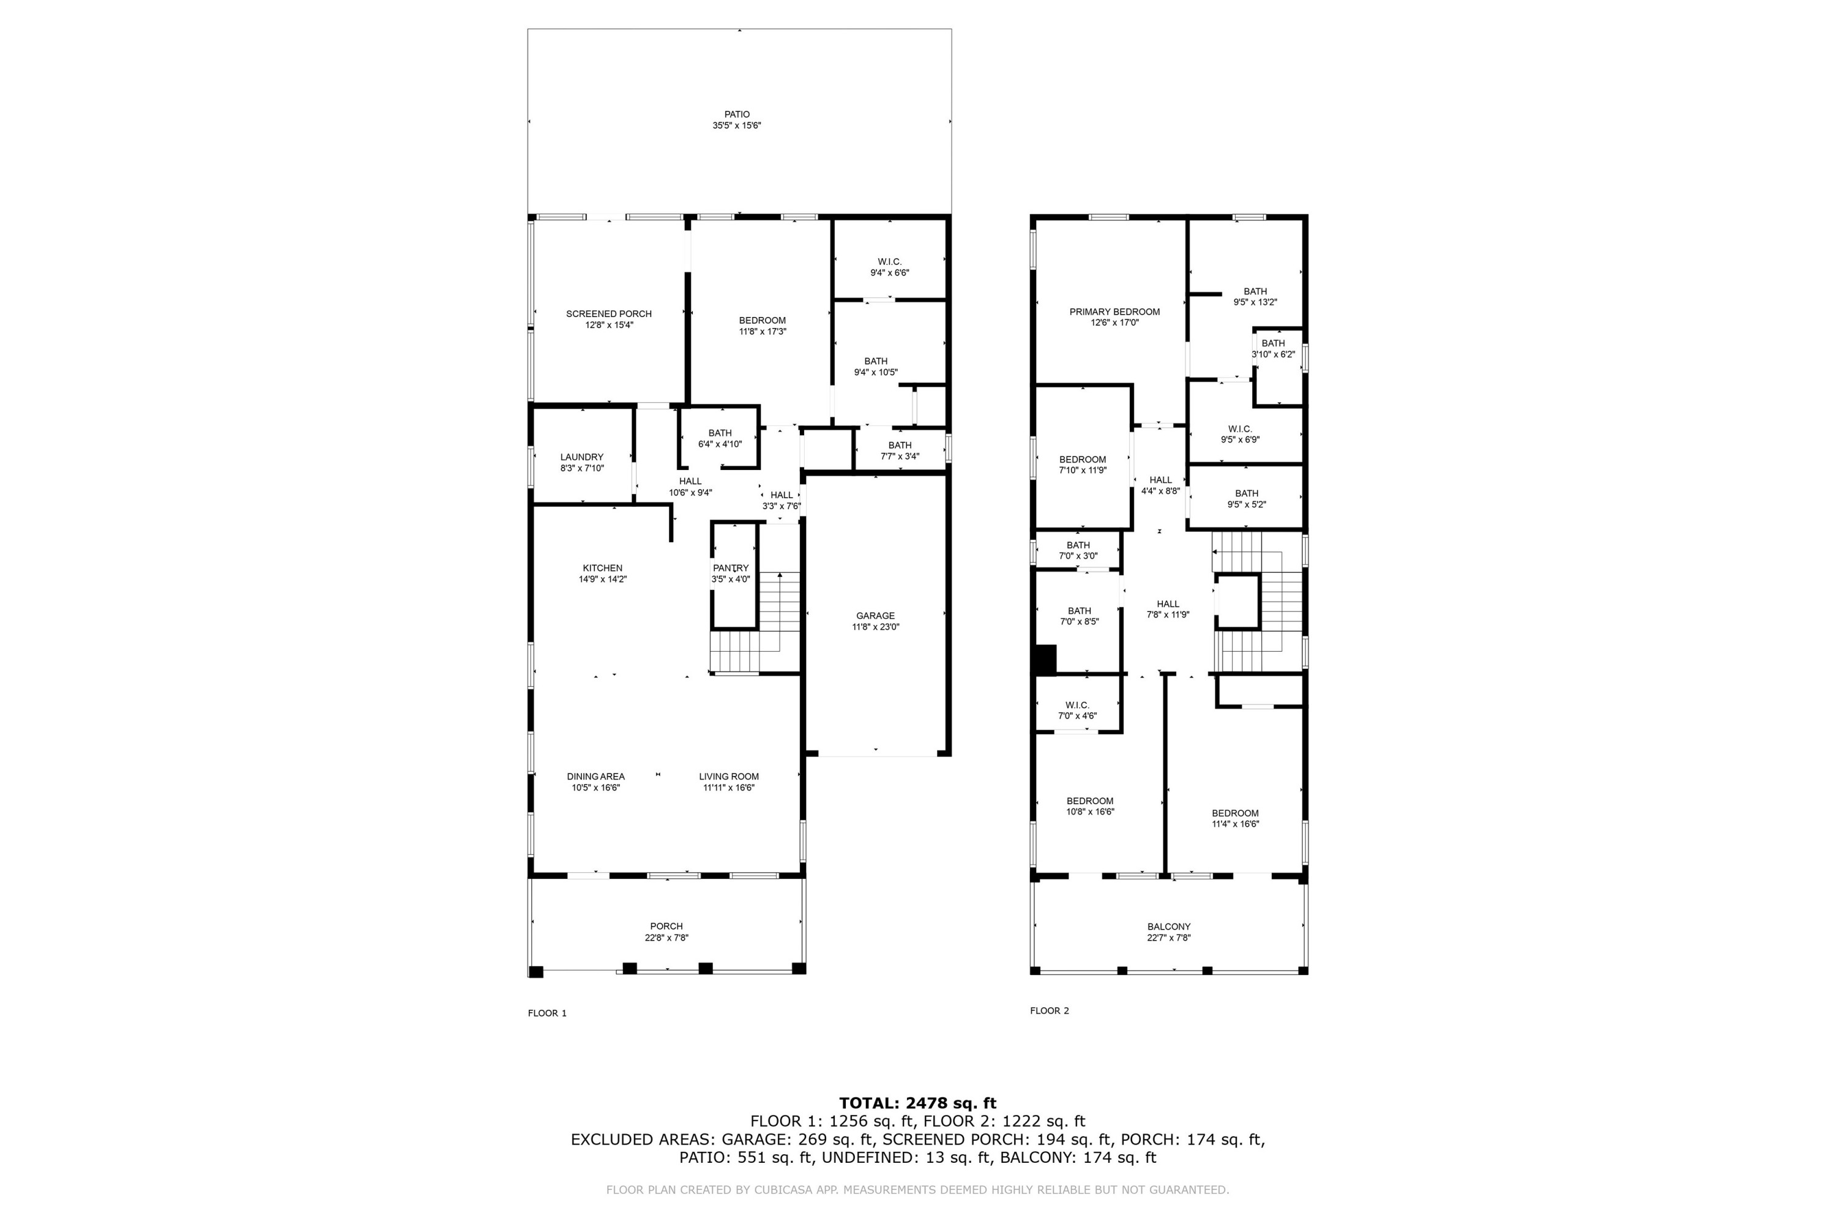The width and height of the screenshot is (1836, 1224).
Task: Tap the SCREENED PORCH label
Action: coord(609,314)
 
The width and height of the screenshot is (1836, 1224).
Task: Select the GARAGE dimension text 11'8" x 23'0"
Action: coord(875,627)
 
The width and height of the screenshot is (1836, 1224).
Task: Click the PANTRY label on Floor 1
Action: coord(731,569)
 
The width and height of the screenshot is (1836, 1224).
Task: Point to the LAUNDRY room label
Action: coord(581,457)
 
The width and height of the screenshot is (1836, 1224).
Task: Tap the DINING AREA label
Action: coord(595,777)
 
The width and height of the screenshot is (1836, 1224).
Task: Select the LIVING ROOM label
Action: coord(728,777)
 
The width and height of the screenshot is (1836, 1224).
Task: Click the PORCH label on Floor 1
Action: coord(666,927)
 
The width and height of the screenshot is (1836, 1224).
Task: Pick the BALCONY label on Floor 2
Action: coord(1168,927)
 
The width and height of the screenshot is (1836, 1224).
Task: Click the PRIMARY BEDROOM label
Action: coord(1114,312)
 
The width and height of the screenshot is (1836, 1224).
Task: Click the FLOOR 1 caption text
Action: coord(547,1013)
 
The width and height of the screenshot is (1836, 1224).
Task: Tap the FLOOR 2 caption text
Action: coord(1049,1011)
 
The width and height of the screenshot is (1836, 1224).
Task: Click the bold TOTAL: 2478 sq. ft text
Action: coord(917,1103)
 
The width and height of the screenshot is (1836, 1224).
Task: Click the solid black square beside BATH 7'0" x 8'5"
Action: coord(1045,660)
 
